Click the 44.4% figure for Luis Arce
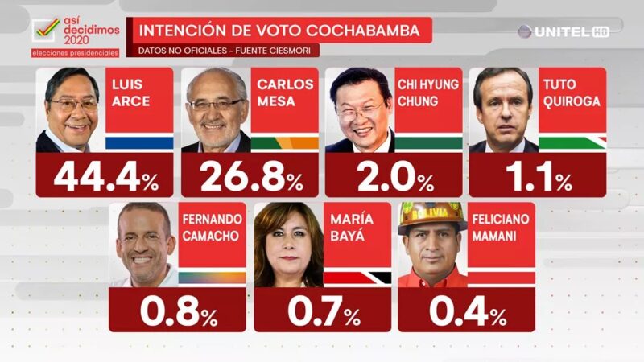pos(105,177)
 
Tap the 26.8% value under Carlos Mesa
pos(250,177)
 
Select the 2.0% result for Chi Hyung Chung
pos(393,177)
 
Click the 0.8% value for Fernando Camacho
pos(178,311)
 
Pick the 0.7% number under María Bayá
pos(320,311)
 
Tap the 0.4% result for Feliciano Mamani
pos(464,311)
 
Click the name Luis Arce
pos(130,94)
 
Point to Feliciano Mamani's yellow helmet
pos(432,216)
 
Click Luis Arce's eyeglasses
pos(73,105)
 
